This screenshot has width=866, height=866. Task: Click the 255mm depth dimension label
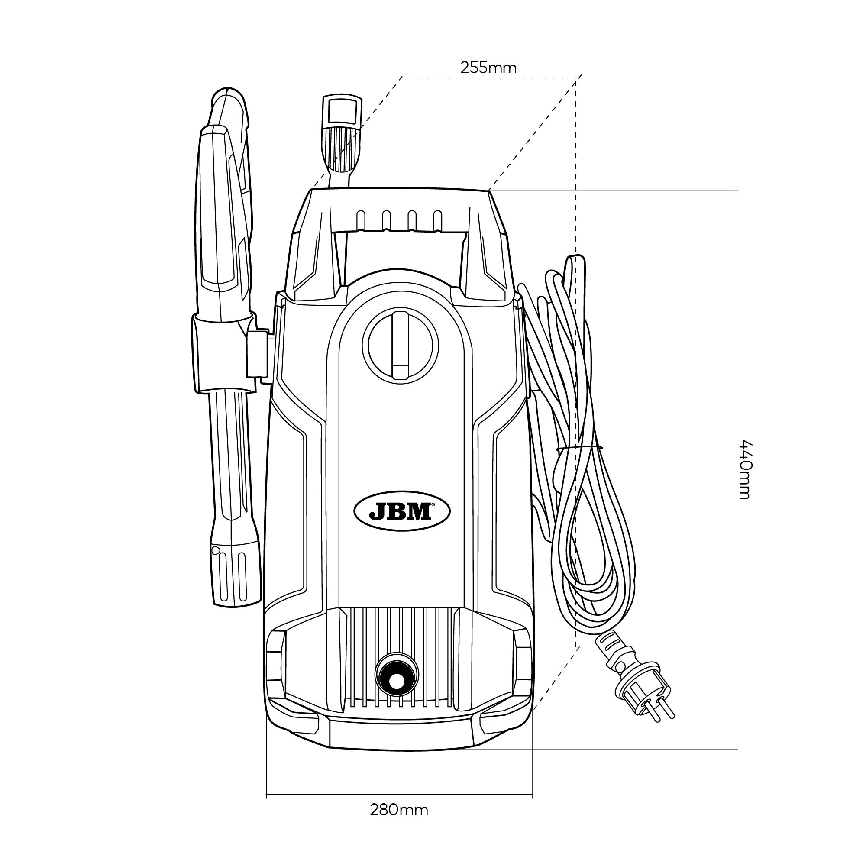click(x=488, y=68)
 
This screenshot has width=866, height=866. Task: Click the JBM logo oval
click(x=402, y=511)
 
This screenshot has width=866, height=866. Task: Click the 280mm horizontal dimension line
click(x=399, y=797)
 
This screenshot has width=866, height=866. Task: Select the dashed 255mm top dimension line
click(x=489, y=79)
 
